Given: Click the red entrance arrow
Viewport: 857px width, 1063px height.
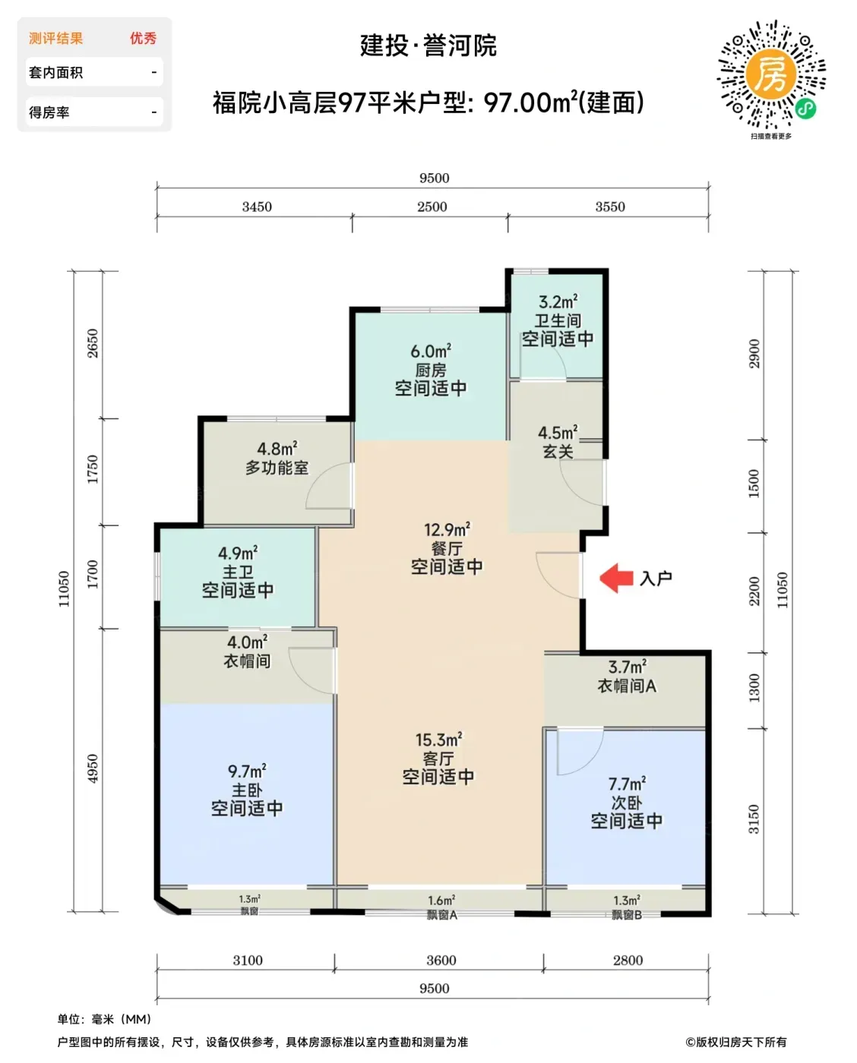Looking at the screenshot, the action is (616, 578).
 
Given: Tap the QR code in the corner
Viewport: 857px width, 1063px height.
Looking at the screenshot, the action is (771, 75).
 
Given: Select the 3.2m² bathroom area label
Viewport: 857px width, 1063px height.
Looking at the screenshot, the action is (558, 301).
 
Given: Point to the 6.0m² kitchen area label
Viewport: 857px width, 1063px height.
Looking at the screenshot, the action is (431, 352).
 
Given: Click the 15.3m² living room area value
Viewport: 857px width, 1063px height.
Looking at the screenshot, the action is (438, 740).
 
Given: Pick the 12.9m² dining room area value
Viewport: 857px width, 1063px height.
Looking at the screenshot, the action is (447, 529).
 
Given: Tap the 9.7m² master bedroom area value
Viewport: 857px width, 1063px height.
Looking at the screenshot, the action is (247, 771).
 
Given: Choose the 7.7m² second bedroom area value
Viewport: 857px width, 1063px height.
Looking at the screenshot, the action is (627, 784).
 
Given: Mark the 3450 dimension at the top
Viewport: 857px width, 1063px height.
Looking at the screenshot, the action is (257, 207).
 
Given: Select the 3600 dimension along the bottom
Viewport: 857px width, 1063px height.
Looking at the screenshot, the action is (441, 960).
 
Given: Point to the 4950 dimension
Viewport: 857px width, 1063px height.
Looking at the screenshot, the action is (93, 768).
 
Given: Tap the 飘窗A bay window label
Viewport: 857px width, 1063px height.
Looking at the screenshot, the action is (441, 915).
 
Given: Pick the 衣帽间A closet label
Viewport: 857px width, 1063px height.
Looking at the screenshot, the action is (627, 686).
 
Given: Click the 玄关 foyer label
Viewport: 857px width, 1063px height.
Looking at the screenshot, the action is (558, 451).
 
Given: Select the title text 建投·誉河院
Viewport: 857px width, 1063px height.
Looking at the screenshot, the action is (428, 46).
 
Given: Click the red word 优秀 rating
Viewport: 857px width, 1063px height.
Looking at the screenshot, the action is (144, 38).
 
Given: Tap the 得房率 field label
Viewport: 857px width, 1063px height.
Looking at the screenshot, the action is (49, 112).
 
